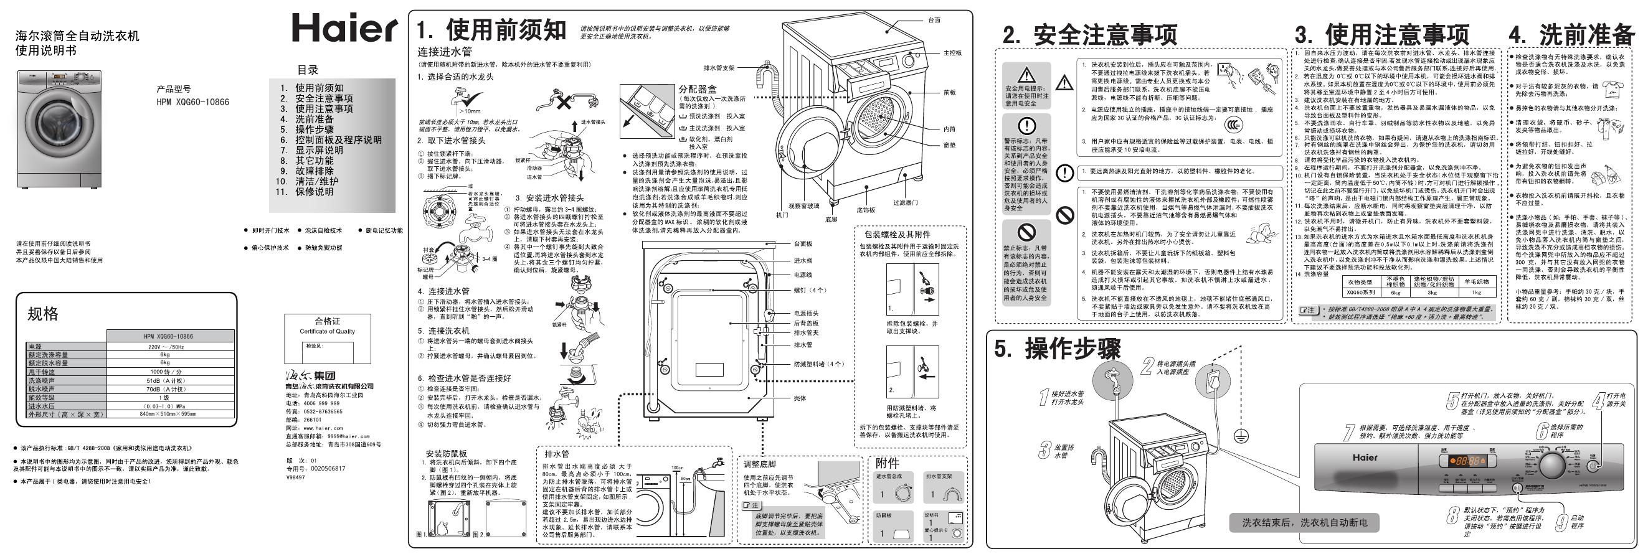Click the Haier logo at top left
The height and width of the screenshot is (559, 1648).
click(x=344, y=29)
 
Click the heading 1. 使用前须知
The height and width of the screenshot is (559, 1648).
click(x=491, y=30)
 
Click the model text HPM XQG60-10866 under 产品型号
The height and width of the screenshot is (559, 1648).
click(x=192, y=101)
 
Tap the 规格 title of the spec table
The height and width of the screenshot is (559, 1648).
click(x=43, y=313)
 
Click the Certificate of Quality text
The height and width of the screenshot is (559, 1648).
click(x=327, y=331)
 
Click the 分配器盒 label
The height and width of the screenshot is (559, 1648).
click(x=698, y=90)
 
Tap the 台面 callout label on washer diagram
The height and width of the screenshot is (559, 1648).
click(x=934, y=21)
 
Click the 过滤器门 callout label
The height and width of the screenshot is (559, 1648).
click(x=905, y=203)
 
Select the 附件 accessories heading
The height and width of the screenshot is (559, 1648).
click(x=888, y=463)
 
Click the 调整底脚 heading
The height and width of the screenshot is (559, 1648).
click(x=759, y=464)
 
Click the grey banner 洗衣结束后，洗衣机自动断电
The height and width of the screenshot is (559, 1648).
click(x=1304, y=522)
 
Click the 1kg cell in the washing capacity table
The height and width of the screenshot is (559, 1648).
click(x=1476, y=293)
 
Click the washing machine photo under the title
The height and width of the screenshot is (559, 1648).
click(x=60, y=130)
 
